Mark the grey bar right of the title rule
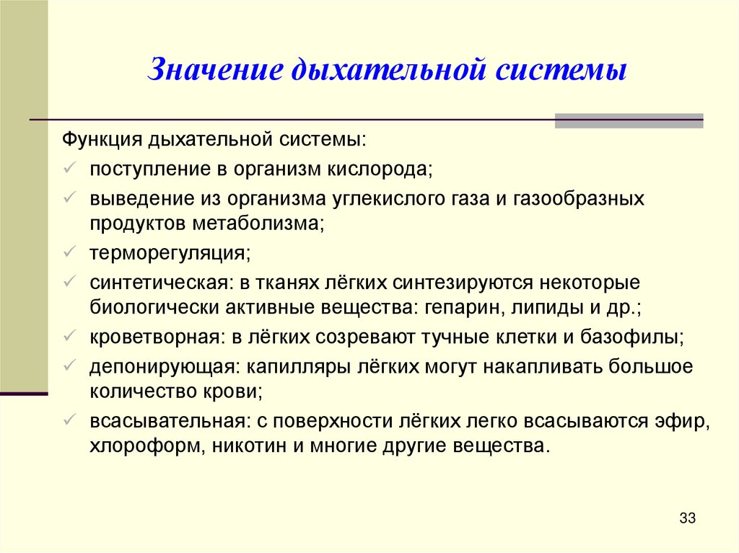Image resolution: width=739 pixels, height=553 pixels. pyautogui.click(x=629, y=120)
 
